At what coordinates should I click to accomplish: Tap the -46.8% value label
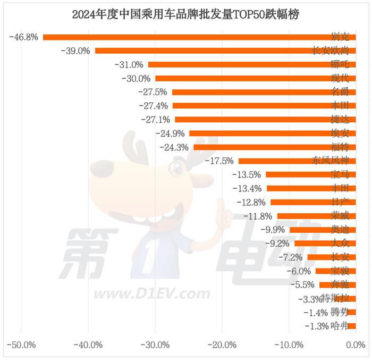tap(24, 37)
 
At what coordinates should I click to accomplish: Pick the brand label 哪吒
tap(340, 64)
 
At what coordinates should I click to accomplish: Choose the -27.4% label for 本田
tap(154, 106)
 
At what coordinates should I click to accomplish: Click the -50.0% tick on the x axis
tap(22, 345)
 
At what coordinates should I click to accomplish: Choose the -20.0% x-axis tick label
tap(222, 345)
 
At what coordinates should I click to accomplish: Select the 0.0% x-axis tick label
tap(356, 345)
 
